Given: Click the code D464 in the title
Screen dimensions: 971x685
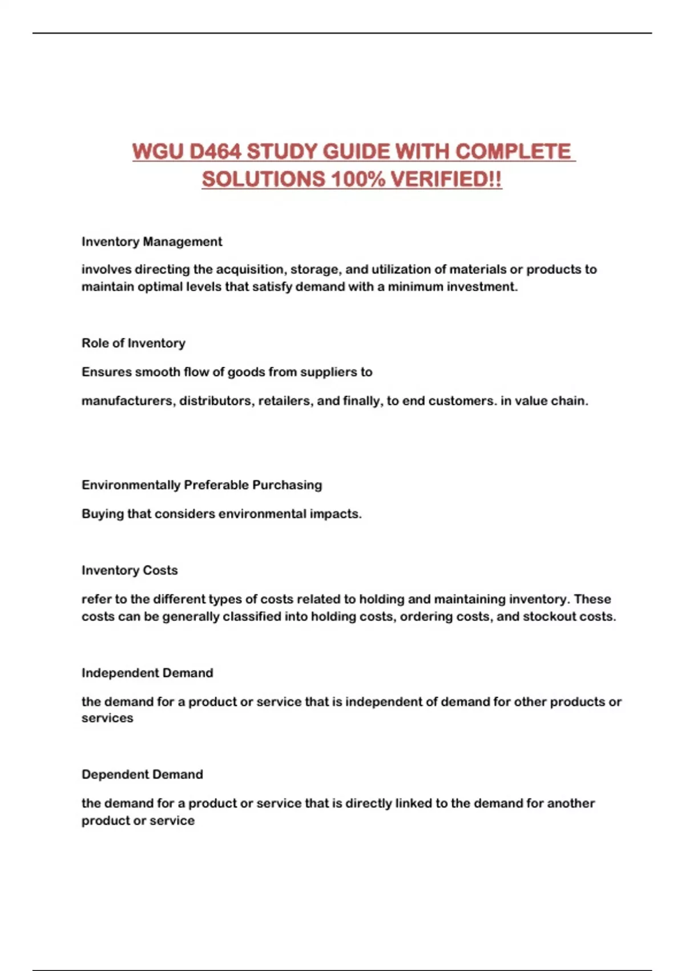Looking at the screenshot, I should tap(214, 152).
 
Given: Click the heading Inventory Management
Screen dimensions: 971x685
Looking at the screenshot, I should tap(152, 242).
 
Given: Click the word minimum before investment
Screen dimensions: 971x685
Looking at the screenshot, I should tap(415, 287).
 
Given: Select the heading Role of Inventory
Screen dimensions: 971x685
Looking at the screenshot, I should tap(134, 343).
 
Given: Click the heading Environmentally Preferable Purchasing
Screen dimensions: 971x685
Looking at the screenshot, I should tap(202, 485).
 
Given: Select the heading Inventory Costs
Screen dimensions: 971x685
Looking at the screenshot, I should tap(130, 570).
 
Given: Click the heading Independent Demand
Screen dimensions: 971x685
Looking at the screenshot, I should tap(147, 673).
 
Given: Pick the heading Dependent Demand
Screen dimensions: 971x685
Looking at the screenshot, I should tap(142, 775).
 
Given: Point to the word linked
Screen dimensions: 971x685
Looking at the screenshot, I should tap(413, 804).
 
